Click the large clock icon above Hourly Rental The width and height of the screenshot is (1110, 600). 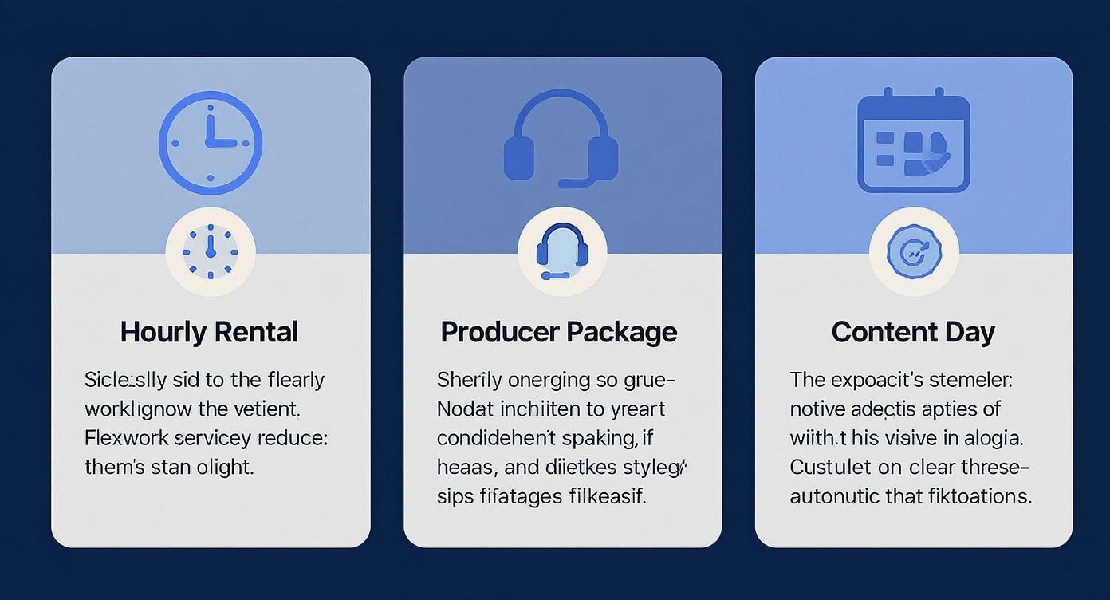coord(211,144)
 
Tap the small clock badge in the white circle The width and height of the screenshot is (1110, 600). coord(211,251)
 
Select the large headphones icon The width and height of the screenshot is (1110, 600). coord(561,140)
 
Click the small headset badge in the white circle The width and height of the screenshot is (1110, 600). coord(562,252)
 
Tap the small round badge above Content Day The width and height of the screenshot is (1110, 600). coord(913,252)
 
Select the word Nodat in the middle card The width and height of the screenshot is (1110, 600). coord(465,409)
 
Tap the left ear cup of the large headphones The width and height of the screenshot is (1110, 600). coord(519,157)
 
